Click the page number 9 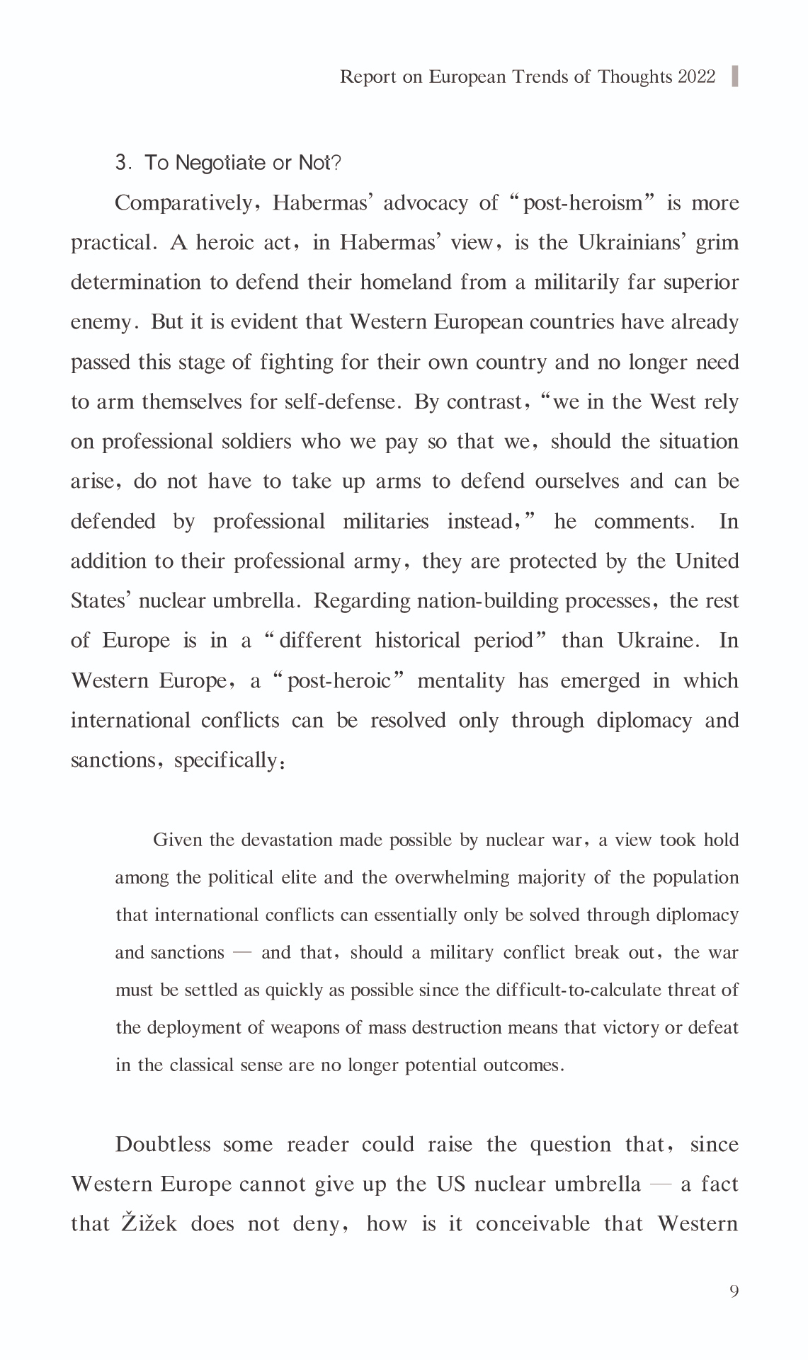(734, 1291)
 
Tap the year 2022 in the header (697, 76)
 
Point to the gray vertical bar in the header (734, 76)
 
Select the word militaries (386, 522)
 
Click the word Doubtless (163, 1145)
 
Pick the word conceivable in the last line (533, 1224)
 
